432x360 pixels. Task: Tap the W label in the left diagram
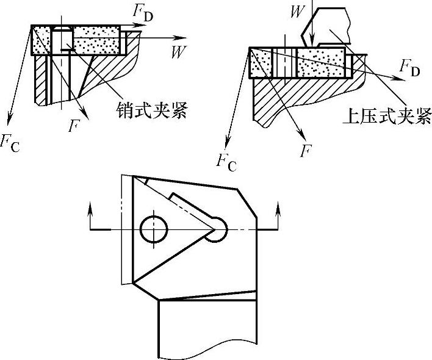[x=178, y=52]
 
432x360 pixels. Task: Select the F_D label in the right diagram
[x=409, y=69]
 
